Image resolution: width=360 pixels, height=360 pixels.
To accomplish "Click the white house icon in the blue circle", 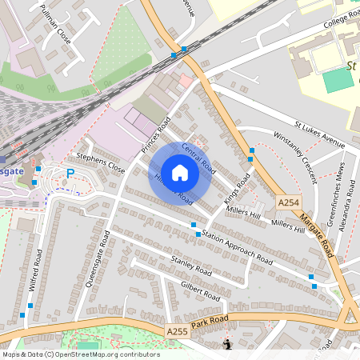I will (180, 172).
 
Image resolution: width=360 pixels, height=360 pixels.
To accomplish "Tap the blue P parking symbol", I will (70, 173).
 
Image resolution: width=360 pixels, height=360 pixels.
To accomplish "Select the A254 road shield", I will (290, 204).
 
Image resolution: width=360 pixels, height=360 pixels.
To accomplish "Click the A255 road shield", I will (178, 330).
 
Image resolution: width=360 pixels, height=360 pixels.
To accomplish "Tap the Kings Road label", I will (238, 189).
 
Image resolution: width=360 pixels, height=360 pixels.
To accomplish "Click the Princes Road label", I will (157, 135).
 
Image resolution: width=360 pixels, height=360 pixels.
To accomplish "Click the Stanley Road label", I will (191, 266).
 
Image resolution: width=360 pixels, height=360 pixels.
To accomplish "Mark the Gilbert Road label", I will (200, 290).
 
